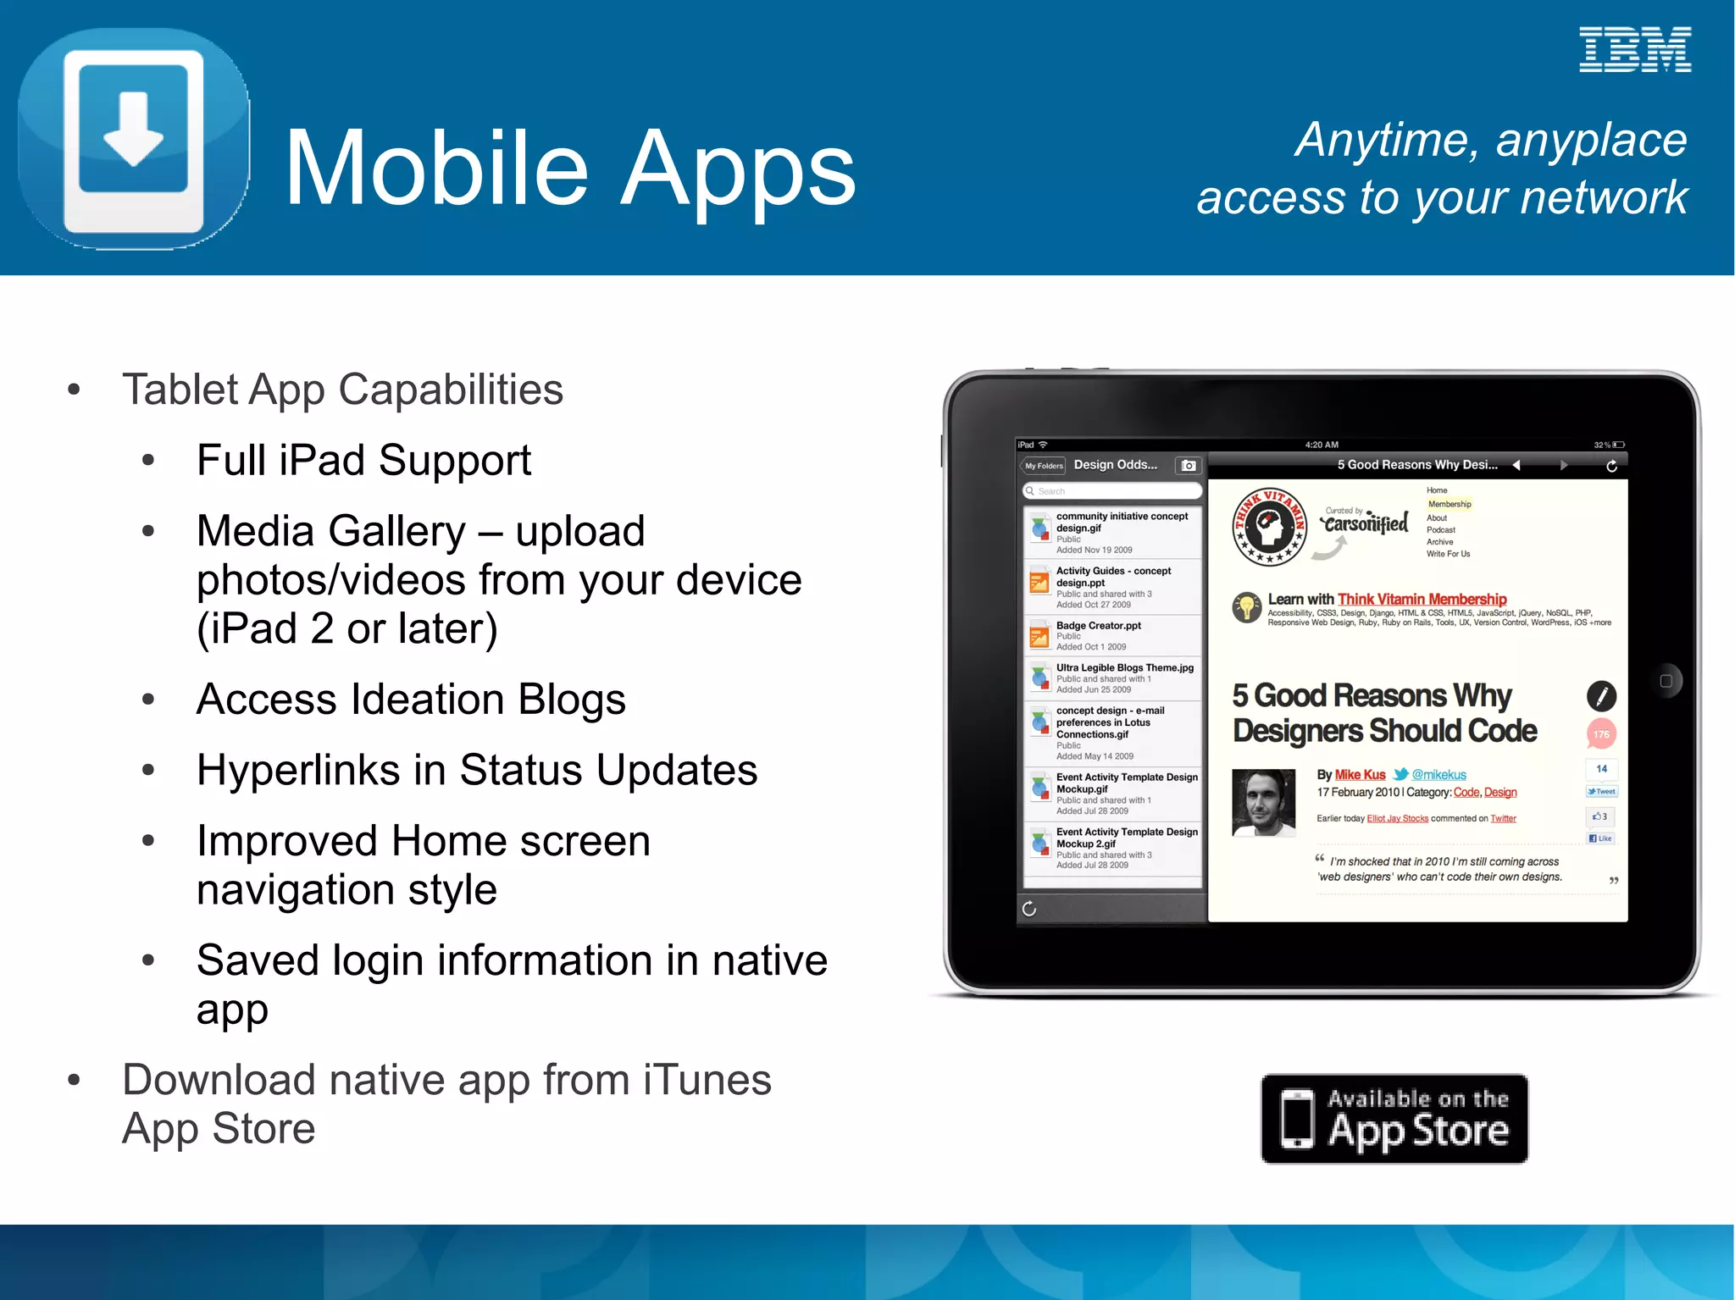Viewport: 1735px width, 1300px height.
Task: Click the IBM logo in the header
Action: pos(1634,49)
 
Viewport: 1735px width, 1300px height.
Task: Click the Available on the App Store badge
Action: pos(1394,1119)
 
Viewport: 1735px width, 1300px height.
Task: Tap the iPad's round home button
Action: pos(1666,681)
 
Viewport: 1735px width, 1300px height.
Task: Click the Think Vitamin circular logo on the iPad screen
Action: pos(1268,526)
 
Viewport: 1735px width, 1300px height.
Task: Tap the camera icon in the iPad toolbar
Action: pos(1189,466)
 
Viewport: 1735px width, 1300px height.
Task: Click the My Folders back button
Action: pos(1043,466)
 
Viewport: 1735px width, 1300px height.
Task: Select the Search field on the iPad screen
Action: pos(1112,491)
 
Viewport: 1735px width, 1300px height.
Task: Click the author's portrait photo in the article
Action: pos(1263,802)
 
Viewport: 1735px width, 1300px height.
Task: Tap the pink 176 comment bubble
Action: pos(1600,734)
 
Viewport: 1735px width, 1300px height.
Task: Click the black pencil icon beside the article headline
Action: pos(1600,696)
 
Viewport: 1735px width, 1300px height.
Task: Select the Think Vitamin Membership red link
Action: pos(1422,600)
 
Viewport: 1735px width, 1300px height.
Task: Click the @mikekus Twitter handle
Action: pos(1438,775)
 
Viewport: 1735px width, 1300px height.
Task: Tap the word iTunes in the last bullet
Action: pos(707,1081)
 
